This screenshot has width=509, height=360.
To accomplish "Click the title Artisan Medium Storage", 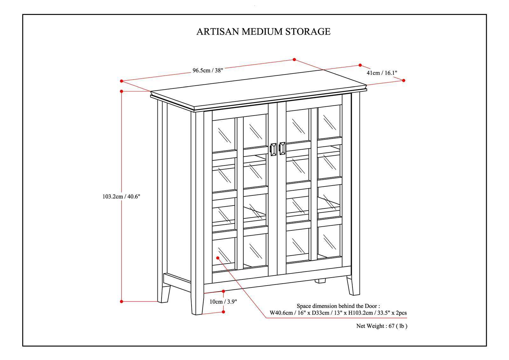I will (263, 32).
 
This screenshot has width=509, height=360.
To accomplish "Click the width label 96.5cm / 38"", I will (208, 70).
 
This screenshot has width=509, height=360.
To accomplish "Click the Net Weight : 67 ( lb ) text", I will (381, 326).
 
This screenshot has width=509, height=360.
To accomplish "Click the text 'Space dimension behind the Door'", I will (338, 306).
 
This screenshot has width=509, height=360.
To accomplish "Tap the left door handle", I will (273, 149).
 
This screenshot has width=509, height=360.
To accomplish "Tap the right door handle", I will (282, 148).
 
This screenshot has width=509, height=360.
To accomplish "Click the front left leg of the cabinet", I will (197, 302).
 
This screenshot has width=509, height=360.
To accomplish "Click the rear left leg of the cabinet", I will (165, 293).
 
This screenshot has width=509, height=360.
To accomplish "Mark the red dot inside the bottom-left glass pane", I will (218, 258).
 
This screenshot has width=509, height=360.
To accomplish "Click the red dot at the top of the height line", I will (122, 91).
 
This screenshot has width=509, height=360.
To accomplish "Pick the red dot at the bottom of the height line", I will (122, 301).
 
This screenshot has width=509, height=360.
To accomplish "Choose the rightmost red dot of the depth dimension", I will (404, 81).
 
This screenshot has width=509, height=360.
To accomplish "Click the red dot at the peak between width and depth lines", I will (294, 60).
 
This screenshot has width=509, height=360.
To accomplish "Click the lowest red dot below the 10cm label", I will (223, 312).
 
